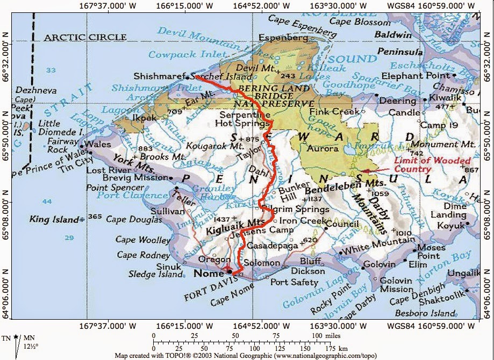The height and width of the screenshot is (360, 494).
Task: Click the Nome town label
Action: (206, 273)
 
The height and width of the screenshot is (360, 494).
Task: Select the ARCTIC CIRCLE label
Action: (85, 38)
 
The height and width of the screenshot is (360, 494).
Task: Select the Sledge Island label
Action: (156, 275)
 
